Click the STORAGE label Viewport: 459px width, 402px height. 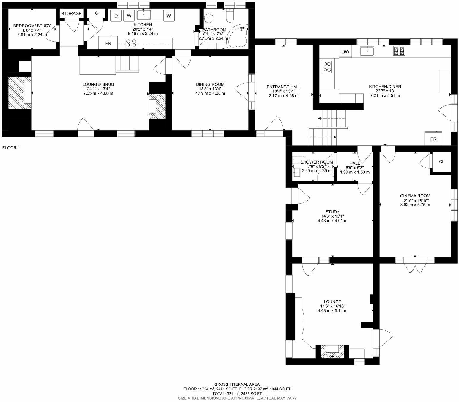click(x=71, y=14)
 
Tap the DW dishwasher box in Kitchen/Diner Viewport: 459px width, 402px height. click(x=345, y=52)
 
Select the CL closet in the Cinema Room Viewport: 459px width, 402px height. click(x=441, y=162)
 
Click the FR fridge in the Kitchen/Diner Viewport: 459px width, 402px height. click(x=433, y=139)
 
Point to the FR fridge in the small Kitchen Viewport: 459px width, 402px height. click(x=108, y=43)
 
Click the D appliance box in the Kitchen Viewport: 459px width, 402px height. click(x=116, y=16)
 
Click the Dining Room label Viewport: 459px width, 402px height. click(x=210, y=84)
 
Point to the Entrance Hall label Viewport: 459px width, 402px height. click(x=283, y=87)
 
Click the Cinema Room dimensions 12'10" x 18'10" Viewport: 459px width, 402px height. click(x=415, y=200)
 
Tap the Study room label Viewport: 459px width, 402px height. click(x=332, y=212)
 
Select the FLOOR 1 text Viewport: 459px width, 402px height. click(x=11, y=147)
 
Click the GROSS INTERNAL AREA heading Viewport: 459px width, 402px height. click(x=237, y=384)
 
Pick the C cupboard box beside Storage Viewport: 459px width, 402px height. click(x=96, y=13)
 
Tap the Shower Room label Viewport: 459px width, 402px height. click(x=317, y=162)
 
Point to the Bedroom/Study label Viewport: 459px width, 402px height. click(x=32, y=26)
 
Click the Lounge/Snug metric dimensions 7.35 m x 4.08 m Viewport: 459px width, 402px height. click(x=98, y=93)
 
